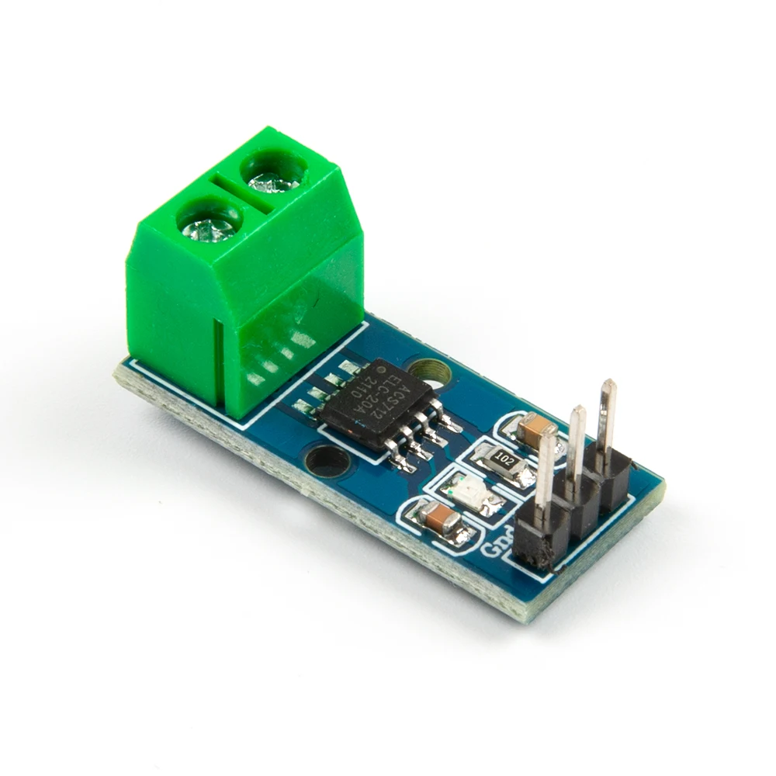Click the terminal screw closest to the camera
(208, 225)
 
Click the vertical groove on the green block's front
(220, 365)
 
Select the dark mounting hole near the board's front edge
(326, 462)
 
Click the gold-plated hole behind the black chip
(429, 372)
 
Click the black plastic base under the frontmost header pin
(535, 543)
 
